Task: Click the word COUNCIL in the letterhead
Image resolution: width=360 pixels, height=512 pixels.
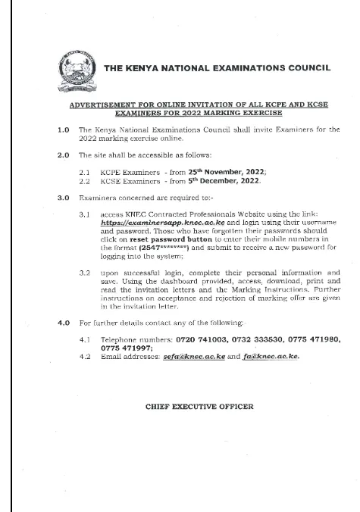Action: [302, 68]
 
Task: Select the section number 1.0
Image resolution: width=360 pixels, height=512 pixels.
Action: [64, 130]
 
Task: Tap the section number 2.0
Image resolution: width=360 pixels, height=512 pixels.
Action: [64, 155]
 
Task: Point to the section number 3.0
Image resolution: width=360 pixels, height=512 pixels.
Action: [64, 198]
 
